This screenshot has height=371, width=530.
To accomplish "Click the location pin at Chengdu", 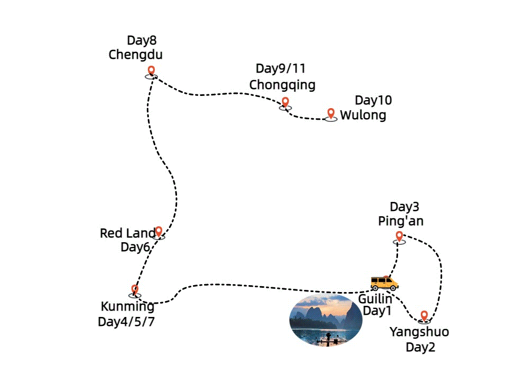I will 151,71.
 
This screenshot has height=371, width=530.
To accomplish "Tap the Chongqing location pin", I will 285,102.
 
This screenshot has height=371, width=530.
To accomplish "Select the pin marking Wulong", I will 331,114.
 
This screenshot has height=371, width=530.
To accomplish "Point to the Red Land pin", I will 158,232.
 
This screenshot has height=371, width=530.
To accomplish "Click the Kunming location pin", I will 135,290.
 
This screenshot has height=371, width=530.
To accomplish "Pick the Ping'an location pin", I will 399,236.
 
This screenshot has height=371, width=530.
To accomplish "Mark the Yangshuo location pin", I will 423,316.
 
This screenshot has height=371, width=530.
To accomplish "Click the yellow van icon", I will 384,282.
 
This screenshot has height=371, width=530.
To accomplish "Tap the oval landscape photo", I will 326,320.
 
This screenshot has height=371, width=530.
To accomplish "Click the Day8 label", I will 142,40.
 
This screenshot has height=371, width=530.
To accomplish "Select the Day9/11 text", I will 280,68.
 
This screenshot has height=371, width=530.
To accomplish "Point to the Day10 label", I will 373,100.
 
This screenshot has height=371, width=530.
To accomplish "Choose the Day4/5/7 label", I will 126,322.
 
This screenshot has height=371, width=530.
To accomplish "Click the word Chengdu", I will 135,55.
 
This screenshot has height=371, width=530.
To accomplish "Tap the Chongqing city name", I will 282,84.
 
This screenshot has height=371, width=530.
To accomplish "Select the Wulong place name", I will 363,115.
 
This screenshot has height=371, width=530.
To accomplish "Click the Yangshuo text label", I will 419,332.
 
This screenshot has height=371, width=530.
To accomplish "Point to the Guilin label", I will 375,298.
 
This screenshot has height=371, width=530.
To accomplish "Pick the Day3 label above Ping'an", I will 404,207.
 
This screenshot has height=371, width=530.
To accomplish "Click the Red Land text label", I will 127,233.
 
